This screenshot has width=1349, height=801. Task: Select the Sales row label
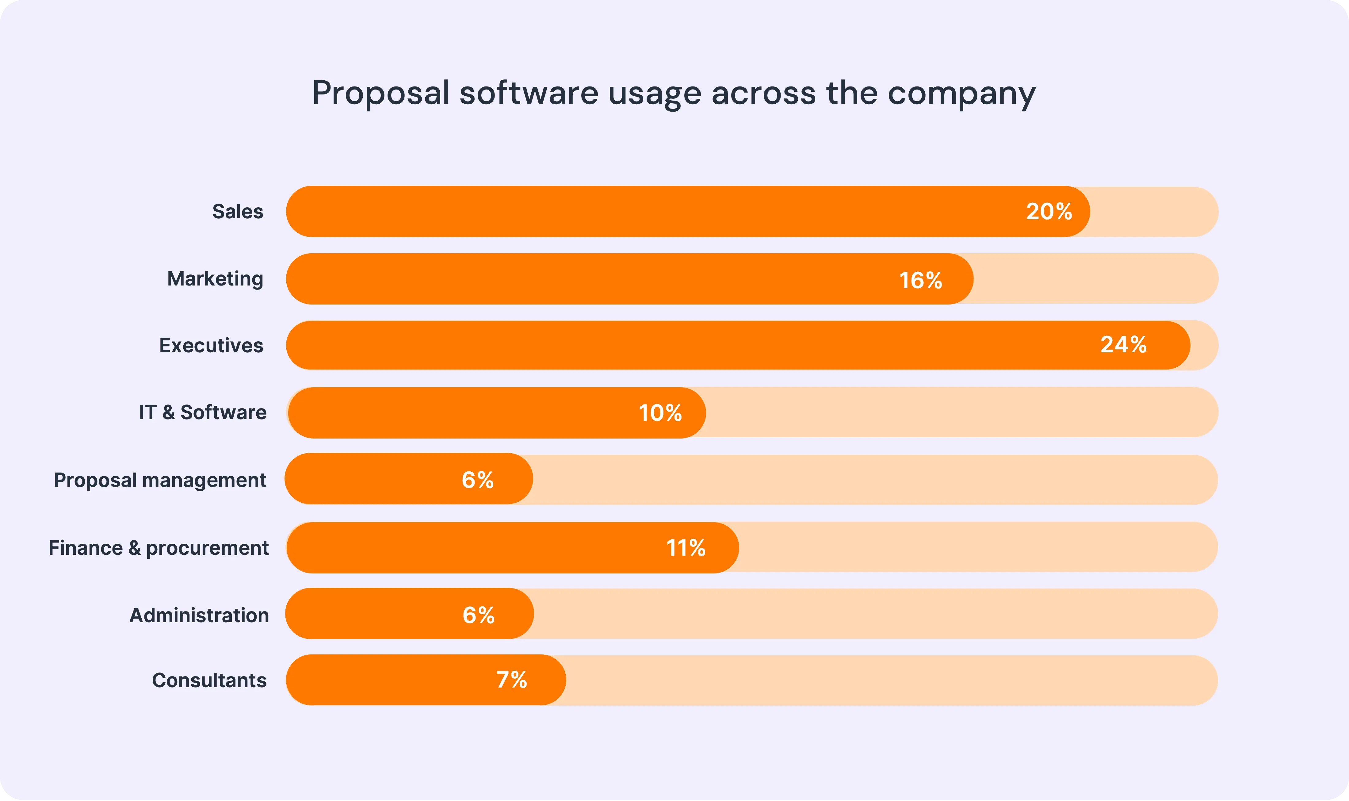click(237, 212)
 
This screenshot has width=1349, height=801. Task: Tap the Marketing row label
click(215, 278)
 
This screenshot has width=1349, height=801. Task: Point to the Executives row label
click(211, 345)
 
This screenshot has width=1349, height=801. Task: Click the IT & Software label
click(202, 412)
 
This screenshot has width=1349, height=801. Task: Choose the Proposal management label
click(160, 480)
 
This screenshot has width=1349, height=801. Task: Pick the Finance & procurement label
click(158, 548)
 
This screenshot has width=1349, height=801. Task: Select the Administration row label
click(199, 615)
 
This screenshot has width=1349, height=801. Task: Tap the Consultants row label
click(209, 680)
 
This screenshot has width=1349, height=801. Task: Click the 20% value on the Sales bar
click(1049, 212)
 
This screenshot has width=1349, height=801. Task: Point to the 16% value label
click(921, 280)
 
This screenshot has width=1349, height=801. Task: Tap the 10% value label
click(660, 413)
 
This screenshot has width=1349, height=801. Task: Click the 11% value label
click(686, 548)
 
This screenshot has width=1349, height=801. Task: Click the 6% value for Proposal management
click(478, 480)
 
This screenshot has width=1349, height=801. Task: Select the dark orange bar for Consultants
click(388, 680)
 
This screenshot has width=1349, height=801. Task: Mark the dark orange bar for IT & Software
click(459, 413)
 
